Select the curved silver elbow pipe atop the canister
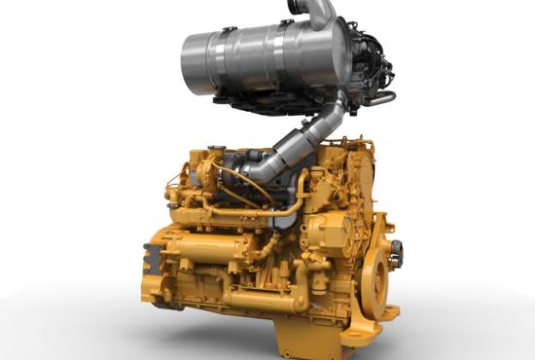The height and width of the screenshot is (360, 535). pos(321,13)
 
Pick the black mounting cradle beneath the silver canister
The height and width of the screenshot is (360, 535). pos(282,98)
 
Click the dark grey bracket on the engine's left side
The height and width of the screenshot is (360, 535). pos(152,257)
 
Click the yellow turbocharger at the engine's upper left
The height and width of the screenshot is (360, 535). pos(209,175)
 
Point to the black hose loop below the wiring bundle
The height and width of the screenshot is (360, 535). pos(379,97)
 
